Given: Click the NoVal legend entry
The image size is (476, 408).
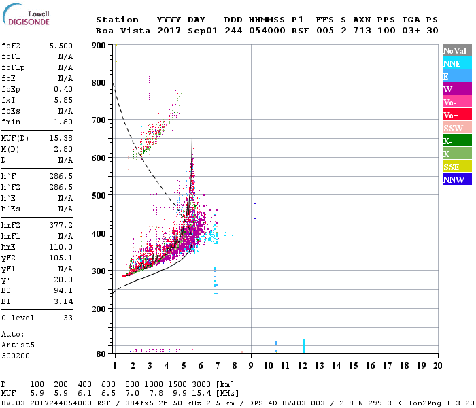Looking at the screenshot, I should pyautogui.click(x=456, y=50).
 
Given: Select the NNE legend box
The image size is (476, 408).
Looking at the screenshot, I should pyautogui.click(x=456, y=63).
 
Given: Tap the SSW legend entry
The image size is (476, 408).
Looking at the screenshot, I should pyautogui.click(x=456, y=128).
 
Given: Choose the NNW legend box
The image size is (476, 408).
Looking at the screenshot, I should pyautogui.click(x=456, y=180).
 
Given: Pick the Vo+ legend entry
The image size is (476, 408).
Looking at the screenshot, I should pyautogui.click(x=456, y=115).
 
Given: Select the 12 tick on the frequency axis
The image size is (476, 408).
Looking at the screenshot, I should pyautogui.click(x=303, y=365).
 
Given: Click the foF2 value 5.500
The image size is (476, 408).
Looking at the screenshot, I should pyautogui.click(x=61, y=44).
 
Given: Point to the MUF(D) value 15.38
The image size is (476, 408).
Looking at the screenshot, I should pyautogui.click(x=61, y=139).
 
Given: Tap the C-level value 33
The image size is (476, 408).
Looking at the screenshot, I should pyautogui.click(x=68, y=318).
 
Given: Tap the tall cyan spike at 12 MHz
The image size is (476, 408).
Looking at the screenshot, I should pyautogui.click(x=303, y=345).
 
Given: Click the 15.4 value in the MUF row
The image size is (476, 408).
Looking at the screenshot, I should pyautogui.click(x=202, y=393).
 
